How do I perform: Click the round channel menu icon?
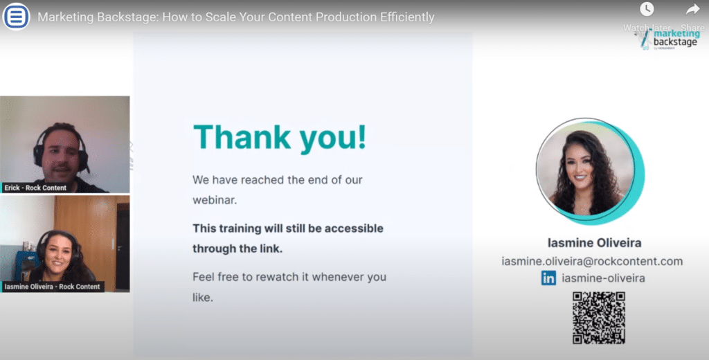pos(17,17)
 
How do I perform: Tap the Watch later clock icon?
pos(647,9)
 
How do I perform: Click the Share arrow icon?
pos(692,9)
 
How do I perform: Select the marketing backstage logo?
pos(670,39)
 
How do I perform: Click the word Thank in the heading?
pos(242,136)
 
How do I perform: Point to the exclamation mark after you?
pos(361,136)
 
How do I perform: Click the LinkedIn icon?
pos(548,278)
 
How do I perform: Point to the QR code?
pos(599,318)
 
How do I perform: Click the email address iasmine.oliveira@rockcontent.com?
pos(593,261)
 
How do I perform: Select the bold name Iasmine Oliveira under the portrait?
pos(595,243)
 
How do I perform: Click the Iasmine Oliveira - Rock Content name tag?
pos(52,287)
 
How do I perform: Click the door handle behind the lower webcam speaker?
pos(119,248)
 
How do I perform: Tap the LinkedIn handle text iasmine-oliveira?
pos(603,278)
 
